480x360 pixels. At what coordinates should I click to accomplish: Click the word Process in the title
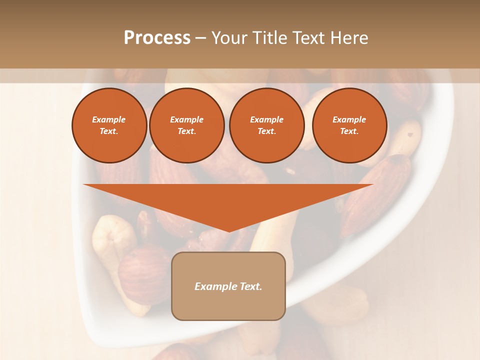pyautogui.click(x=157, y=38)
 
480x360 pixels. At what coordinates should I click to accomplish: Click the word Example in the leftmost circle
pyautogui.click(x=109, y=119)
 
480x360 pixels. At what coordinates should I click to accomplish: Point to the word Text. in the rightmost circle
pyautogui.click(x=349, y=131)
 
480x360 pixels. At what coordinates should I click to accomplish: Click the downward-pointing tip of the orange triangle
pyautogui.click(x=228, y=230)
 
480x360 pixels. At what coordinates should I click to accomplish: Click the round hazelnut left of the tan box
pyautogui.click(x=142, y=272)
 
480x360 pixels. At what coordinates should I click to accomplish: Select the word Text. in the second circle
pyautogui.click(x=186, y=131)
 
